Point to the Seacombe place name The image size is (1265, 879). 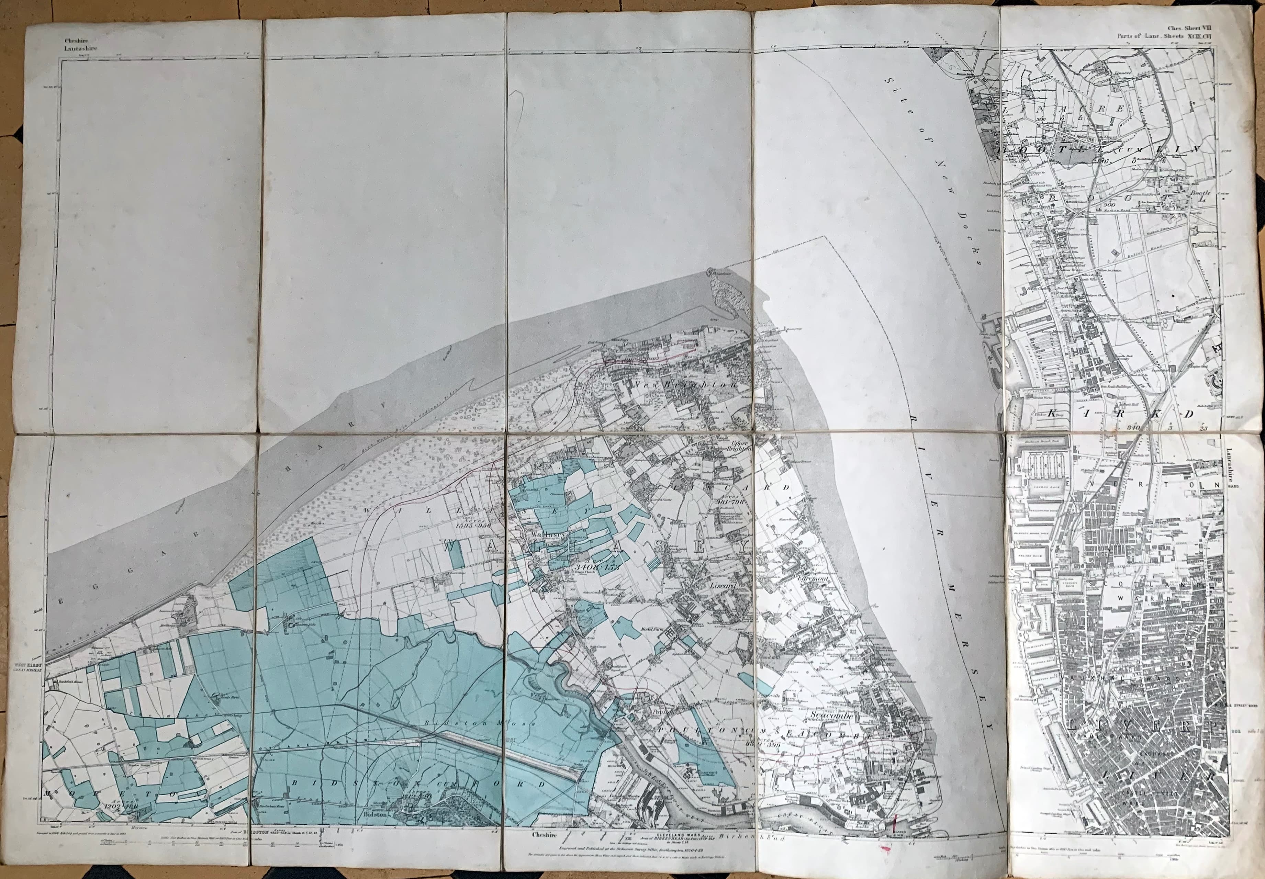831,716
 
